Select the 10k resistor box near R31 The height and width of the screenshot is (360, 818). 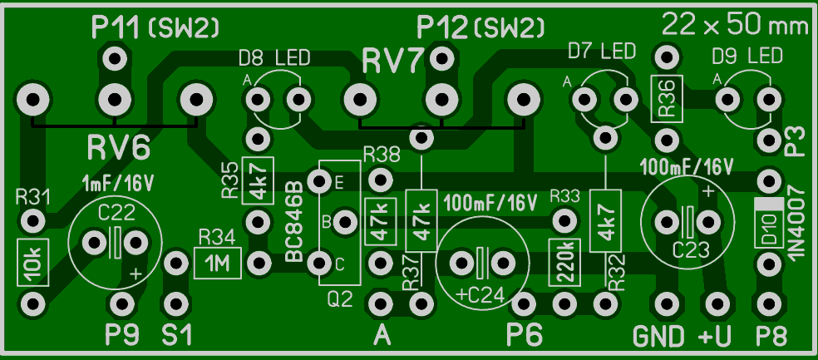(32, 263)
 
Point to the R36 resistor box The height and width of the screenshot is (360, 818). (666, 98)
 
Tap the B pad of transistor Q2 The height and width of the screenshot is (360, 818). (344, 223)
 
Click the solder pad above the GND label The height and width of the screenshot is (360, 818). (666, 303)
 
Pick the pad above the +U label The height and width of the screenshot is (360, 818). (717, 303)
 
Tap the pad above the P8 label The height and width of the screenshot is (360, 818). (768, 303)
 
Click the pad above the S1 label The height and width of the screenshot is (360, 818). (176, 303)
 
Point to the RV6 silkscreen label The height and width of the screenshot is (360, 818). (119, 148)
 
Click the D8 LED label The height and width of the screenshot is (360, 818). (274, 57)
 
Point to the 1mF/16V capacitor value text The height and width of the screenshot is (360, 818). (119, 184)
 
